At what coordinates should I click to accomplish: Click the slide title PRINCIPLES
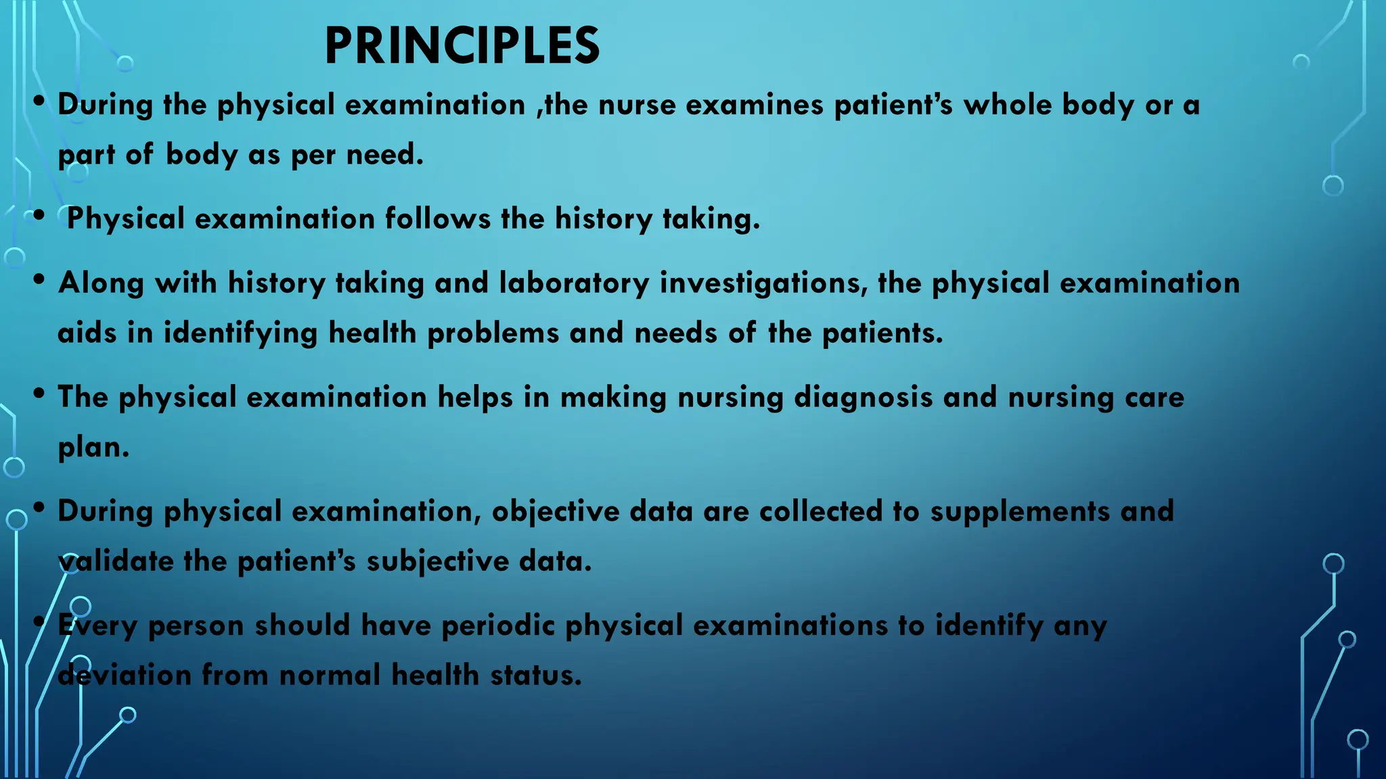pyautogui.click(x=462, y=46)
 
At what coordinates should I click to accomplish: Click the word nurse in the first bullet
pyautogui.click(x=637, y=105)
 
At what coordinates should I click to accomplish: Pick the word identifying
pyautogui.click(x=240, y=333)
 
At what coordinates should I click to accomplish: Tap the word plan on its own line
pyautogui.click(x=93, y=448)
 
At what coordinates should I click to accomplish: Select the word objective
pyautogui.click(x=555, y=511)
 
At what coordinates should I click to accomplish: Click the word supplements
pyautogui.click(x=1020, y=511)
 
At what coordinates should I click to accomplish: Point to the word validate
pyautogui.click(x=116, y=561)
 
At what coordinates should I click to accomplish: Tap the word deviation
pyautogui.click(x=125, y=675)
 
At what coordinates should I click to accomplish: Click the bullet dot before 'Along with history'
pyautogui.click(x=39, y=279)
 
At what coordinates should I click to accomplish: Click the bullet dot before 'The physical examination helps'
pyautogui.click(x=39, y=393)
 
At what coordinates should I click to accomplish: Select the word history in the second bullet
pyautogui.click(x=603, y=219)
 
